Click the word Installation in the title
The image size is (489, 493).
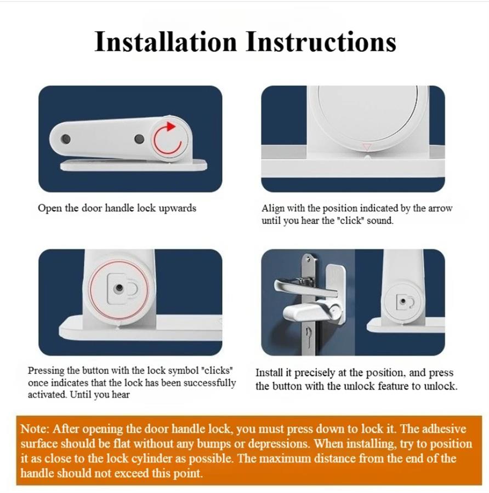(x=166, y=42)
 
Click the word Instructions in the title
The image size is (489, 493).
(x=321, y=42)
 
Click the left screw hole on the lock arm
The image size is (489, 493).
(x=65, y=139)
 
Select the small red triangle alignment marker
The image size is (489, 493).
(x=367, y=147)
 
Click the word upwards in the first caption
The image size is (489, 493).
(x=177, y=209)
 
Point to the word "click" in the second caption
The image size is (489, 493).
(x=351, y=220)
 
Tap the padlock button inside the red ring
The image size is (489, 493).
(x=122, y=288)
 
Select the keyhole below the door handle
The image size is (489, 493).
(x=309, y=333)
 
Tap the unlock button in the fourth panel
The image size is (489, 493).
(x=403, y=301)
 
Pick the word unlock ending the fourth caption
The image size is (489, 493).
(x=441, y=386)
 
